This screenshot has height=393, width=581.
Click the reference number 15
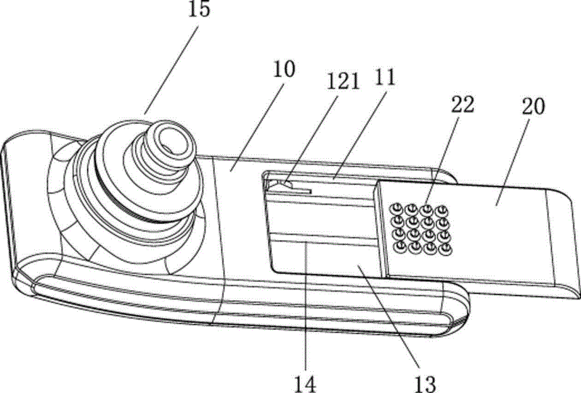coord(199,9)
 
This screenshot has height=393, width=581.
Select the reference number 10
coord(284,69)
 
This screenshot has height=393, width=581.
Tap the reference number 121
coord(344,81)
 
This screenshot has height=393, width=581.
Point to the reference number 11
coord(386,78)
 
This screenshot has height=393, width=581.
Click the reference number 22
coord(463,104)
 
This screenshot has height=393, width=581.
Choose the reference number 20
coord(533,106)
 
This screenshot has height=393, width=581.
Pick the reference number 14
coord(306,384)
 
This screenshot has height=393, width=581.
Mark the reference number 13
coord(425,384)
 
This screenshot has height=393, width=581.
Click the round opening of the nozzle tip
coord(171,137)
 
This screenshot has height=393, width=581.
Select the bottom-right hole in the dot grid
coord(445,249)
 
